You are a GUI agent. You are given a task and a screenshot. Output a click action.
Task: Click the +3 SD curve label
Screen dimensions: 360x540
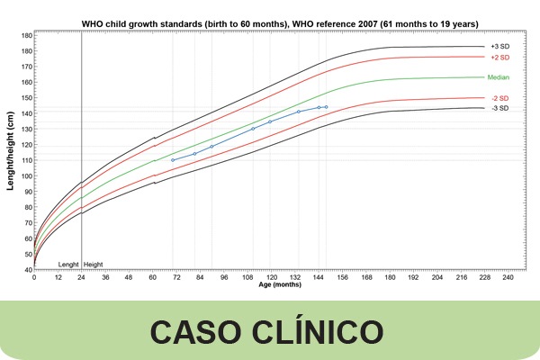point(499,46)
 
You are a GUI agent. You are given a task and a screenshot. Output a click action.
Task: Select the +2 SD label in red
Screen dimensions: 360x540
point(499,57)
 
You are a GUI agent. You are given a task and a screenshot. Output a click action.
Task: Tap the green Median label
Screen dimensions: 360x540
point(499,77)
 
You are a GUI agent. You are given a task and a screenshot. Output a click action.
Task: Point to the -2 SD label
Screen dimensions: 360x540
point(499,98)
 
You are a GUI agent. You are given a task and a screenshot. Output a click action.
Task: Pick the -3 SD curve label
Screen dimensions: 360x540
point(499,108)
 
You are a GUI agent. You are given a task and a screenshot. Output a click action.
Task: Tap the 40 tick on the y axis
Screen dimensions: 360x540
point(27,270)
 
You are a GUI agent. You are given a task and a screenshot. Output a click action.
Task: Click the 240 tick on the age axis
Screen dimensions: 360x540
point(507,278)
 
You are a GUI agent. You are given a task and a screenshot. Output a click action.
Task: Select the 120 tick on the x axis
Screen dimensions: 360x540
point(270,278)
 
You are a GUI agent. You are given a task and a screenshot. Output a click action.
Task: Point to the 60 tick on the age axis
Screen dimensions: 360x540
point(152,278)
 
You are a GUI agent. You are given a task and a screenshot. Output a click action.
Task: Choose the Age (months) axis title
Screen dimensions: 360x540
point(280,285)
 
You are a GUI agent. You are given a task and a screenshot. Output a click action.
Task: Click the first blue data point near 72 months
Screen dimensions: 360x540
point(173,160)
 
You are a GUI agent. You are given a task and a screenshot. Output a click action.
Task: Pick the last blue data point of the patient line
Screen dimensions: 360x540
point(326,107)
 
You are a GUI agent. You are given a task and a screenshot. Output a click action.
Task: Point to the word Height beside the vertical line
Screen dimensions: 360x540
point(94,265)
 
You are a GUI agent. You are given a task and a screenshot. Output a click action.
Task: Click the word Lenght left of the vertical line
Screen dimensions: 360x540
point(68,265)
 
